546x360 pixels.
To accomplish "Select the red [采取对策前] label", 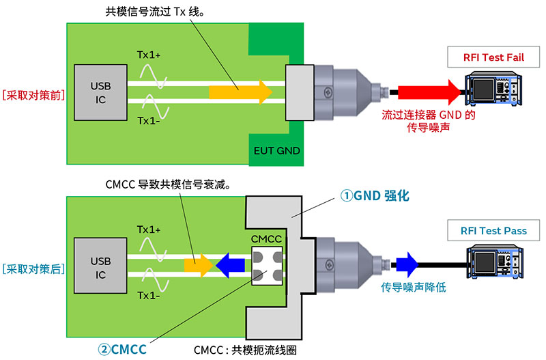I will pyautogui.click(x=33, y=95).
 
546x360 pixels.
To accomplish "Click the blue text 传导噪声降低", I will pyautogui.click(x=413, y=288).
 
